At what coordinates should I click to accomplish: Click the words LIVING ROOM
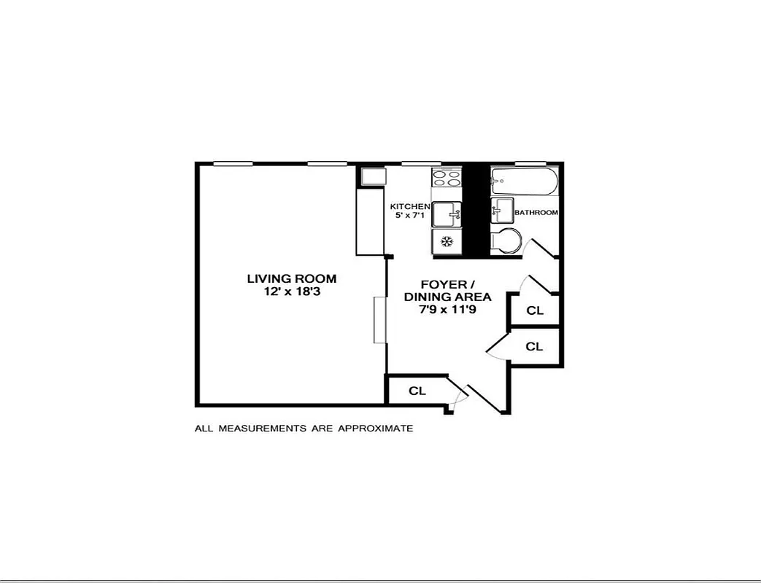[291, 278]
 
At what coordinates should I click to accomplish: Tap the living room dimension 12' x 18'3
[291, 291]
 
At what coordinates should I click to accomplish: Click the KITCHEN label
[410, 206]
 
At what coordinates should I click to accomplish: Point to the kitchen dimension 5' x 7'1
[409, 216]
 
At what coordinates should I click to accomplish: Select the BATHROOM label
[536, 213]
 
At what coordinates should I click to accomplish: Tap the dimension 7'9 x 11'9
[447, 310]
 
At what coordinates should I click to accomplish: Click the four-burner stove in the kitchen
[447, 178]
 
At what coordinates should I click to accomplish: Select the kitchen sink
[447, 214]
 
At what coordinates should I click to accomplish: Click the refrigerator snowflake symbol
[447, 240]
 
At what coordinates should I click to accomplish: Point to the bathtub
[524, 180]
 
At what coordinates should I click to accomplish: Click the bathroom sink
[502, 211]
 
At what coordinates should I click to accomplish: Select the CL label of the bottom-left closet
[417, 391]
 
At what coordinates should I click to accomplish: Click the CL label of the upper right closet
[535, 310]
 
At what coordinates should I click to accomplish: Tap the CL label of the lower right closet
[535, 347]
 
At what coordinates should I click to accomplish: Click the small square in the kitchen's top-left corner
[371, 176]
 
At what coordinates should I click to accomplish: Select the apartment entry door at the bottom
[482, 398]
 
